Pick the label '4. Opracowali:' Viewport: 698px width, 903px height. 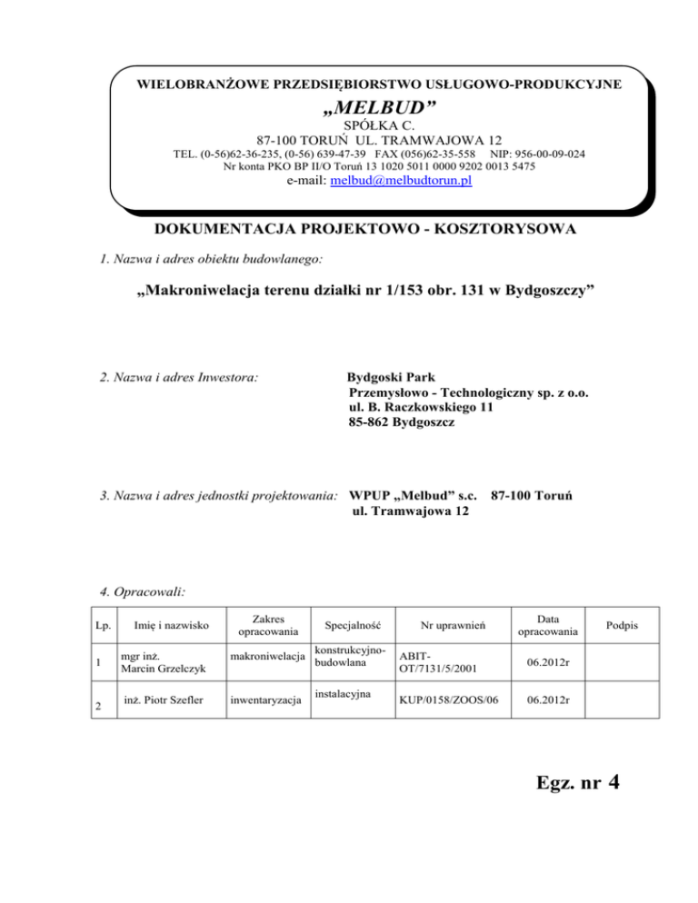[x=143, y=591]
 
